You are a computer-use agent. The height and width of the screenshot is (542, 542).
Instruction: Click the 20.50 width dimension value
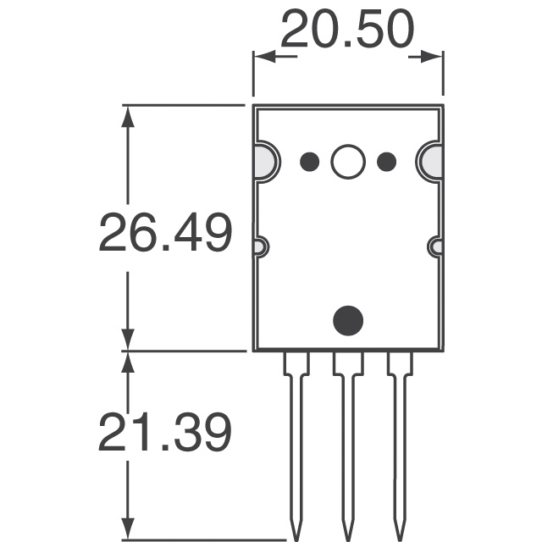(x=348, y=31)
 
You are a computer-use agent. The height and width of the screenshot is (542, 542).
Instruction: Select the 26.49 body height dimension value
(x=165, y=234)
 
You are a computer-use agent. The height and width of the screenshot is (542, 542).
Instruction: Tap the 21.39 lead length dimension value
(x=165, y=434)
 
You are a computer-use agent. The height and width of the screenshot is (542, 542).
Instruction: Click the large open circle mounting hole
(x=348, y=161)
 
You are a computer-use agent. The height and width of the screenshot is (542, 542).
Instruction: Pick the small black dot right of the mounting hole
(x=387, y=161)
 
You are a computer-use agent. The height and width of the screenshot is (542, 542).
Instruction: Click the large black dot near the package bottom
(x=348, y=319)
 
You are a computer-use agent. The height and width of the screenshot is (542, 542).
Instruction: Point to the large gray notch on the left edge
(x=263, y=162)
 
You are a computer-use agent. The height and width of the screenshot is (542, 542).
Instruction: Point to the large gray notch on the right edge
(x=432, y=162)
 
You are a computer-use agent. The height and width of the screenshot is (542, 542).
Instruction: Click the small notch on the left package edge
(x=260, y=247)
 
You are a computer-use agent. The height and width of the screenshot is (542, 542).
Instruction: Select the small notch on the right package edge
(x=436, y=247)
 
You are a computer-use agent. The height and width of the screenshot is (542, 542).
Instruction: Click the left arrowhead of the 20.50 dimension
(x=264, y=57)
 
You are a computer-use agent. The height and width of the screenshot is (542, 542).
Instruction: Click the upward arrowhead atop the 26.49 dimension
(x=128, y=116)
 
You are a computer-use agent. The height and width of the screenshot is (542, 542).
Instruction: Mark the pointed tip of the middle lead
(x=347, y=535)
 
